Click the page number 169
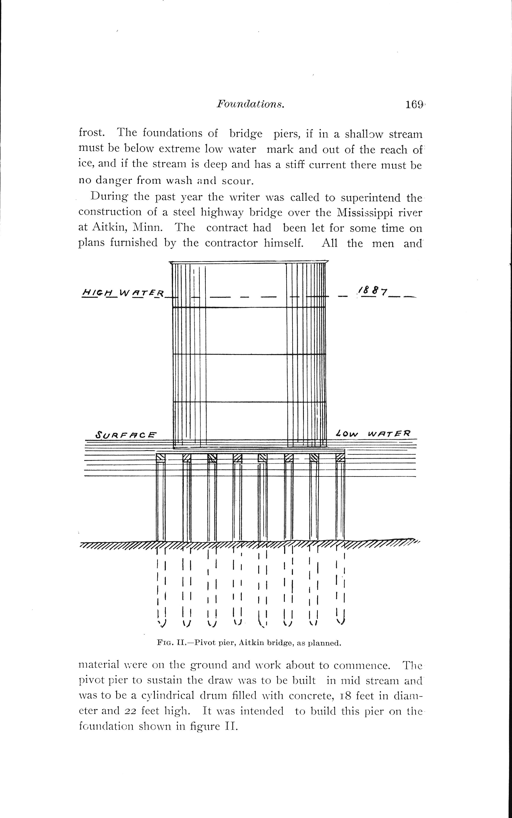[414, 105]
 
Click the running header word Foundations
[250, 104]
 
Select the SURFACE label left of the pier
[126, 434]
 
